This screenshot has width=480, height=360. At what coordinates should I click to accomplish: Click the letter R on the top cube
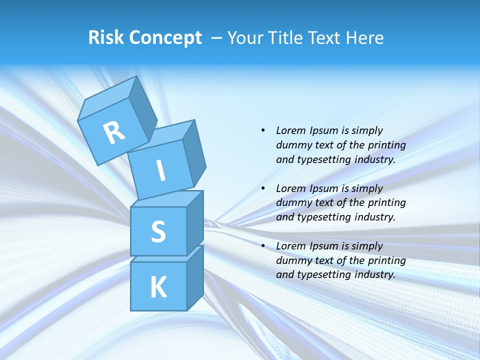[114, 132]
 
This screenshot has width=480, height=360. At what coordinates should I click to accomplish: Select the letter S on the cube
[158, 231]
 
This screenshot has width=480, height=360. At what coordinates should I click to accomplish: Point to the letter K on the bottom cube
[158, 287]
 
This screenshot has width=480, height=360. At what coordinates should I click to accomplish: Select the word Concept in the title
[165, 37]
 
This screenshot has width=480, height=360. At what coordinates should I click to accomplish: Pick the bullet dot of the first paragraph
[263, 130]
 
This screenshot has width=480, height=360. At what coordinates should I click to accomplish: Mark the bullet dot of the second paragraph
[263, 188]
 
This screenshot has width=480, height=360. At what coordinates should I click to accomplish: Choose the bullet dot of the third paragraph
[263, 246]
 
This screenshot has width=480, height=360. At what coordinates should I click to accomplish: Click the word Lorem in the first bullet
[290, 130]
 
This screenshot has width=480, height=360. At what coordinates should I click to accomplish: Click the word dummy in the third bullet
[292, 260]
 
